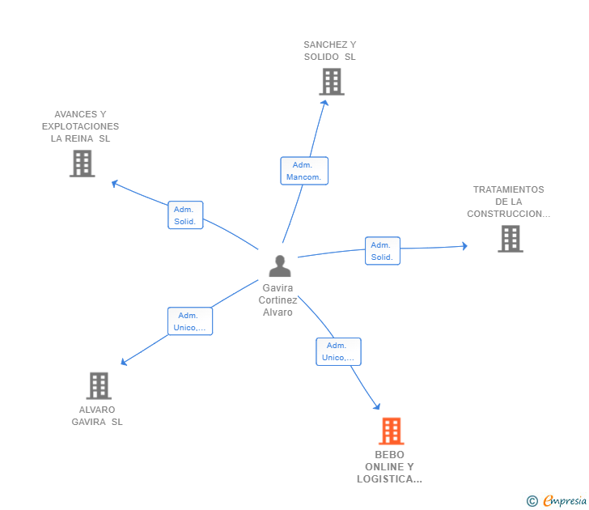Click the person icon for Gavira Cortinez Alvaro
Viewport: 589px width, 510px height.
point(280,266)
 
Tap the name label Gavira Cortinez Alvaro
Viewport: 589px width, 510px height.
point(277,300)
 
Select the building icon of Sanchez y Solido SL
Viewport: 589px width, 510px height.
point(331,82)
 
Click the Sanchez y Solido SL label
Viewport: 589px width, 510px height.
point(329,51)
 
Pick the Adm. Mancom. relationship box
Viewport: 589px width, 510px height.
point(304,171)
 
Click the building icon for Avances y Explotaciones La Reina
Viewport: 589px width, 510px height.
point(82,164)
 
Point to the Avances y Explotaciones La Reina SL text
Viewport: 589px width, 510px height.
point(80,126)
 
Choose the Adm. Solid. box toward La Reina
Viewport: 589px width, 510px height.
point(185,215)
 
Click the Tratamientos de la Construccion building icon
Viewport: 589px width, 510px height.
point(510,239)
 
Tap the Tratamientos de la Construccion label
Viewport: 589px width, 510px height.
point(509,202)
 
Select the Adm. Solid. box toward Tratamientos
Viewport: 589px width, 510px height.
point(381,251)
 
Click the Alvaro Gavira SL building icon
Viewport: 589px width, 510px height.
point(99,386)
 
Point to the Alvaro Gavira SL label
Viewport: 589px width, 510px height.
point(97,415)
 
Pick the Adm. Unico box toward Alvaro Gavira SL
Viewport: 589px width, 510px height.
point(190,321)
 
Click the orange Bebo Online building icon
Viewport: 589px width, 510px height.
point(391,431)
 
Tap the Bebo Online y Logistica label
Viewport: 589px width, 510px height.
point(389,467)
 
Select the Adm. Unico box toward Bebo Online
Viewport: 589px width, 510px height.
point(338,351)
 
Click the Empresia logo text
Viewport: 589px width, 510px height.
point(564,501)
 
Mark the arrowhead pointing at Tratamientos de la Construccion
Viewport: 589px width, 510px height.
point(464,245)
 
